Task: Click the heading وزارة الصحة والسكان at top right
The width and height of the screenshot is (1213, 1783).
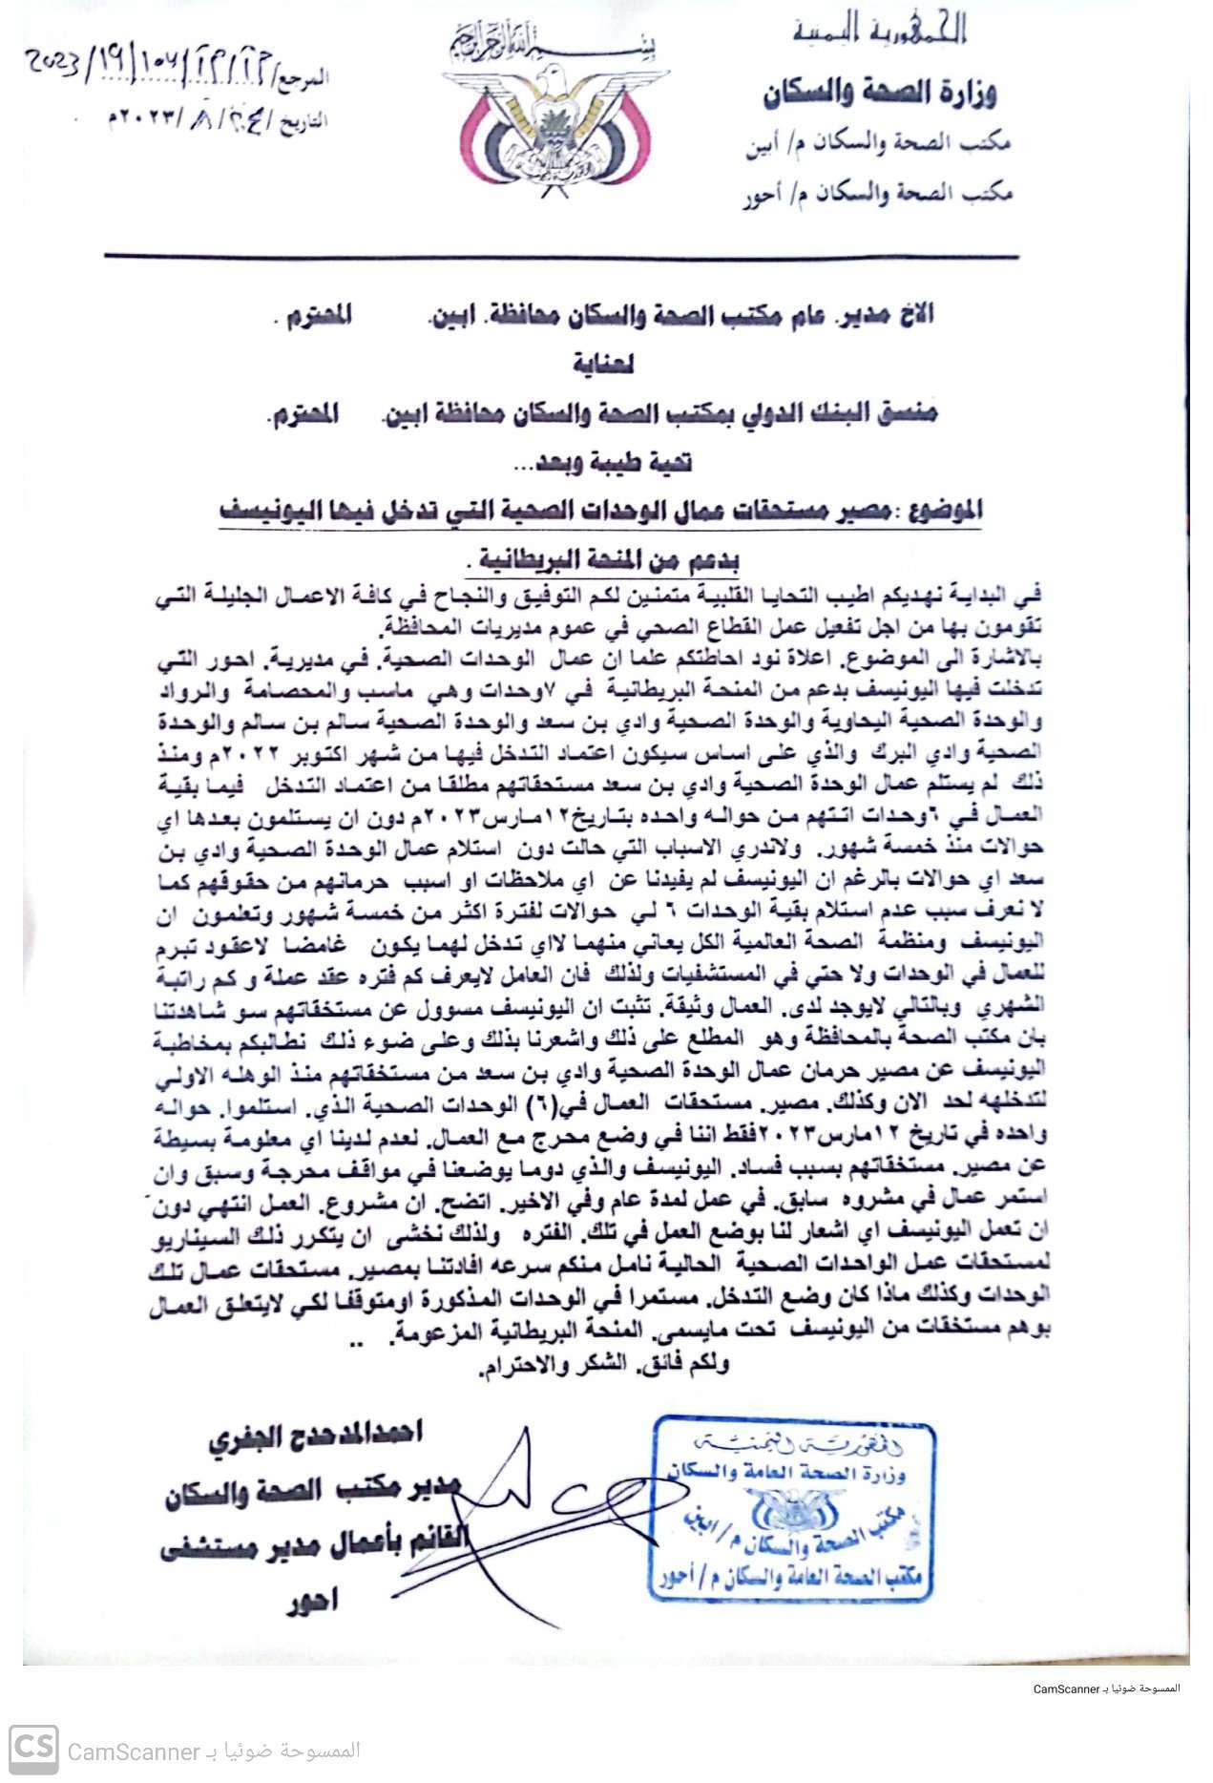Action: (x=879, y=94)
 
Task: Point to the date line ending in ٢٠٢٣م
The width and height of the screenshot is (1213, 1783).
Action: (x=218, y=120)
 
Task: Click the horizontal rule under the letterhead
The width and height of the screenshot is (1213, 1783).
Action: (x=561, y=256)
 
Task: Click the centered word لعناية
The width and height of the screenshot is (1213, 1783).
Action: (x=603, y=364)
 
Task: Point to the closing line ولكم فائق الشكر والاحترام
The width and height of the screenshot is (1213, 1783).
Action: (x=604, y=1365)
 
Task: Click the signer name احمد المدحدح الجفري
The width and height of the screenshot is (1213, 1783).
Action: (x=315, y=1435)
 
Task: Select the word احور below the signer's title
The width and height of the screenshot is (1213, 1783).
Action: (x=312, y=1601)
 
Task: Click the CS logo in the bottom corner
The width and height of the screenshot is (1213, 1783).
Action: (x=33, y=1750)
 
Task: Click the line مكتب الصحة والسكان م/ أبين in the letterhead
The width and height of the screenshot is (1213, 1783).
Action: (x=877, y=145)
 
